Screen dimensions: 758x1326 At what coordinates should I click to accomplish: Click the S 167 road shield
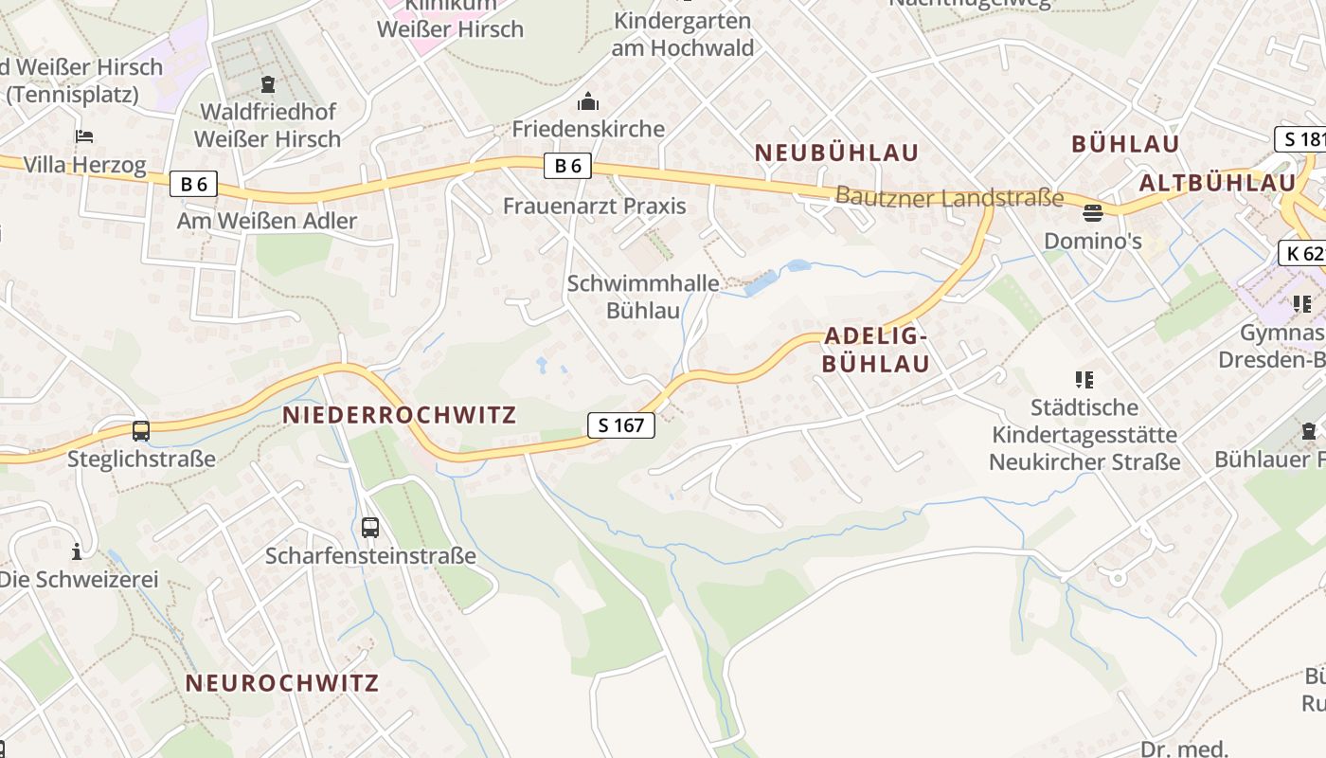[x=621, y=425]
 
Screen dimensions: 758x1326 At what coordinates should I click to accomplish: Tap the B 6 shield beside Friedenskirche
[x=567, y=166]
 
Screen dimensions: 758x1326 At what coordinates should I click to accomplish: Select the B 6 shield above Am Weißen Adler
[x=193, y=184]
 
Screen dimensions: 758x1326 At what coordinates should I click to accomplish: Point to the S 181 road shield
[x=1301, y=139]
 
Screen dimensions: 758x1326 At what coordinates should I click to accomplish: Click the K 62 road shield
[x=1302, y=253]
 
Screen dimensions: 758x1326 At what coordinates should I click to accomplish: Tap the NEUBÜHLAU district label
[x=836, y=152]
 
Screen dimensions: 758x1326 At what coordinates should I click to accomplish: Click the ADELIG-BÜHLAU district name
[x=875, y=349]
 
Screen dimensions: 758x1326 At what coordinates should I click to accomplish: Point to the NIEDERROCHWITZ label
[x=400, y=414]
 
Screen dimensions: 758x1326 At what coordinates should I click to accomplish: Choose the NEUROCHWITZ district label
[x=282, y=682]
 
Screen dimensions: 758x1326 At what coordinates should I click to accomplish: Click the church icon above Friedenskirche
[x=587, y=100]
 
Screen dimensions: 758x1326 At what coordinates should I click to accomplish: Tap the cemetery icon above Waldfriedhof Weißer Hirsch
[x=268, y=84]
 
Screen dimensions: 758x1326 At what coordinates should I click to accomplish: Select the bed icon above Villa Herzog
[x=84, y=136]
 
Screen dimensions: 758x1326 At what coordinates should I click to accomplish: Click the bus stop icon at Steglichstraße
[x=141, y=431]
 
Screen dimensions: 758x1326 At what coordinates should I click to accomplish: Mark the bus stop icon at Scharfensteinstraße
[x=370, y=528]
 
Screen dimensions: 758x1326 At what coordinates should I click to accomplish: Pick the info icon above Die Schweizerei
[x=77, y=551]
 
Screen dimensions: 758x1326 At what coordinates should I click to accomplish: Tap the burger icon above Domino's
[x=1093, y=211]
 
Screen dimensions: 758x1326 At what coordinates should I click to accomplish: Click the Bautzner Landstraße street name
[x=949, y=197]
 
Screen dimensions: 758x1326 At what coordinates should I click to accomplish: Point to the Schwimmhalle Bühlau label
[x=643, y=296]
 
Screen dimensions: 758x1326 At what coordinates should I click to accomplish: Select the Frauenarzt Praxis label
[x=594, y=206]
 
